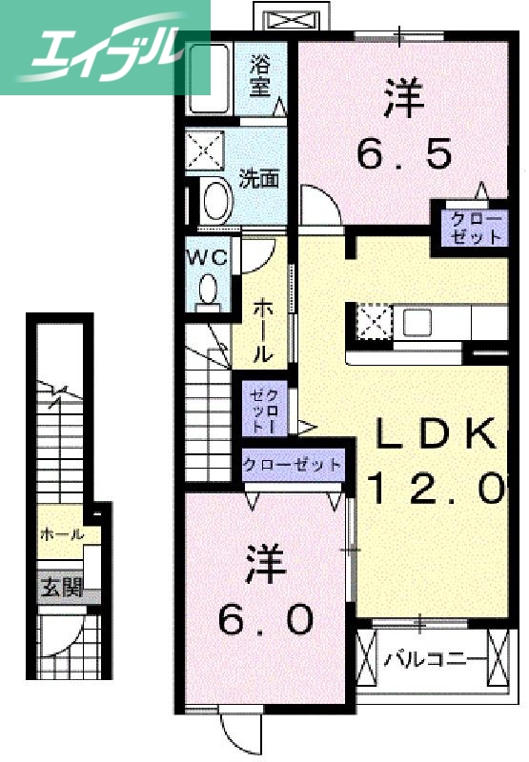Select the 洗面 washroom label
tap(258, 178)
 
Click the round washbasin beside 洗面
tap(217, 199)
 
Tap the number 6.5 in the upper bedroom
tap(403, 152)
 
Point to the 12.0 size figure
tap(434, 489)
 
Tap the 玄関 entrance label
tap(60, 588)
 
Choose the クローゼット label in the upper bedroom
tap(475, 228)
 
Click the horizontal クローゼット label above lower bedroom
tap(292, 465)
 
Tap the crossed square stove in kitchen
tap(374, 321)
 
